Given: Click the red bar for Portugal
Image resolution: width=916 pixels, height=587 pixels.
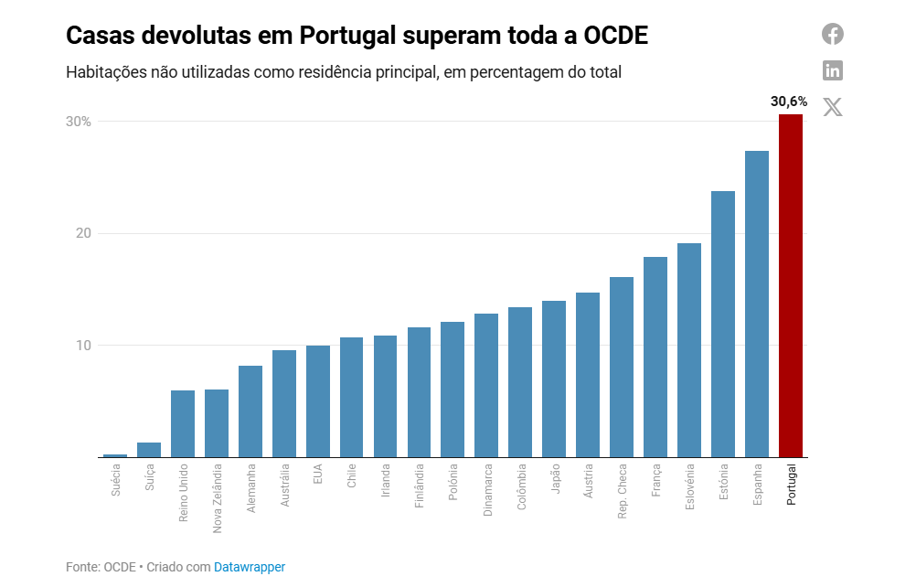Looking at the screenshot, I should pyautogui.click(x=791, y=285).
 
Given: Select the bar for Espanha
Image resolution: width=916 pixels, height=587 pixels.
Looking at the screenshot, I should pyautogui.click(x=757, y=304).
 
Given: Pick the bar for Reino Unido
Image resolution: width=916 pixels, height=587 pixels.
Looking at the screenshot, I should pyautogui.click(x=183, y=423).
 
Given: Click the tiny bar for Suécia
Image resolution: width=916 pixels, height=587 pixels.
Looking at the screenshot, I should pyautogui.click(x=115, y=454).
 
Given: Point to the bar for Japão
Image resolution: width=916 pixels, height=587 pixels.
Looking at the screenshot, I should pyautogui.click(x=554, y=379).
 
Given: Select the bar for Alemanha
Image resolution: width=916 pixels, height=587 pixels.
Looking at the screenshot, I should pyautogui.click(x=250, y=411).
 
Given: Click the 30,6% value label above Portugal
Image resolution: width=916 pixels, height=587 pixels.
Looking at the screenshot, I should pyautogui.click(x=789, y=101).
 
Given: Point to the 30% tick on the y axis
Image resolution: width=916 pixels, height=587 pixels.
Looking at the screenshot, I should pyautogui.click(x=78, y=122).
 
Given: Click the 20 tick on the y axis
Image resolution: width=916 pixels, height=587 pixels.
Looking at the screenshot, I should pyautogui.click(x=82, y=233).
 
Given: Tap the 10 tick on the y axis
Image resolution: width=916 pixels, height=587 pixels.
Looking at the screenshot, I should pyautogui.click(x=82, y=346).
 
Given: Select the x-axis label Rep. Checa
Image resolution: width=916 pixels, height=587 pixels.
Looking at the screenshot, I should pyautogui.click(x=623, y=492).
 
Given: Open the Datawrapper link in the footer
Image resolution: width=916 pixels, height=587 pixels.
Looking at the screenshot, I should pyautogui.click(x=250, y=567).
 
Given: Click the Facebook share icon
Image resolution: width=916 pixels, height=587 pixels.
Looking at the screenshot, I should pyautogui.click(x=832, y=34).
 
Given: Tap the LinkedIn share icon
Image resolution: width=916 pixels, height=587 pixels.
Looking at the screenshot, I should pyautogui.click(x=832, y=70).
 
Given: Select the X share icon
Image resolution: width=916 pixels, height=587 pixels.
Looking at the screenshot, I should pyautogui.click(x=832, y=107).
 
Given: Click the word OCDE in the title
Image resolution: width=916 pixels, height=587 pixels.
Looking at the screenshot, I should pyautogui.click(x=615, y=36).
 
